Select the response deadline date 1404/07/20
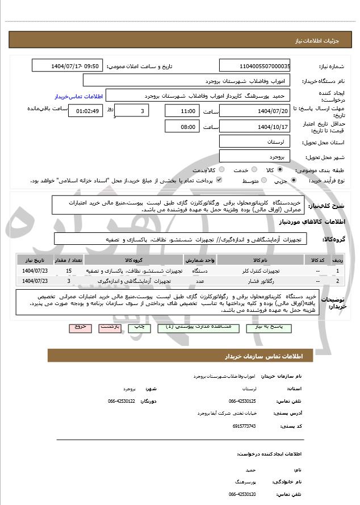click(254, 111)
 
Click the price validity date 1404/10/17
click(254, 127)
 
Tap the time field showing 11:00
click(181, 111)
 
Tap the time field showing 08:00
click(181, 127)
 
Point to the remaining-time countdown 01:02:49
click(85, 111)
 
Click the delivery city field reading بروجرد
click(254, 156)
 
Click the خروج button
click(79, 328)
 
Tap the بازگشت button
click(108, 328)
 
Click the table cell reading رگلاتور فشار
click(237, 281)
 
